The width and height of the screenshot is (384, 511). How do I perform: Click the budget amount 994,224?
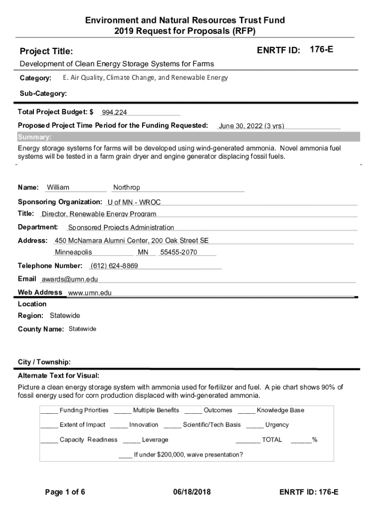114,113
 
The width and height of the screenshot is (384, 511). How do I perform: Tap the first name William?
58,188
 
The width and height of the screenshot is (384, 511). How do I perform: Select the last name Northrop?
127,188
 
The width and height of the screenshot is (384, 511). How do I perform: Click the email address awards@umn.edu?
69,279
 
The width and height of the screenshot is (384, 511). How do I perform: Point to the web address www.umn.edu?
90,293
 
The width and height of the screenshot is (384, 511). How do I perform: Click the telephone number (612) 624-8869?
114,266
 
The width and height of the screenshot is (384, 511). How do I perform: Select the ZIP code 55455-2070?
179,253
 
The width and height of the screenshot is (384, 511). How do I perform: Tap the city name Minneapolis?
73,253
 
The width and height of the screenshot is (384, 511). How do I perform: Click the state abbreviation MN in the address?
143,253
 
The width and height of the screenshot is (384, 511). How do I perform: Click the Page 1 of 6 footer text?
65,493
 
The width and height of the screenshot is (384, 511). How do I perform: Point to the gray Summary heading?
34,137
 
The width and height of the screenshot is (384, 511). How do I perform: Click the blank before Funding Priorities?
49,411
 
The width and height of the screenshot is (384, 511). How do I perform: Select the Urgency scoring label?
277,425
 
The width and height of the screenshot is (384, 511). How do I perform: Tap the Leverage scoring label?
155,440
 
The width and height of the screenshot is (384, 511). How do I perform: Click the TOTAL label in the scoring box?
272,440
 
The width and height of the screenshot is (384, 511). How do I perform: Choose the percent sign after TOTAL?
315,440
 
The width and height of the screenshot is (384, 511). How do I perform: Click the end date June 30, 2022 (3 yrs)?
251,126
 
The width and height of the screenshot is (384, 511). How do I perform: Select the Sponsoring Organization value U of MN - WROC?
134,203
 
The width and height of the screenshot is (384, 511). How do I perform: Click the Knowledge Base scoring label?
280,410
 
